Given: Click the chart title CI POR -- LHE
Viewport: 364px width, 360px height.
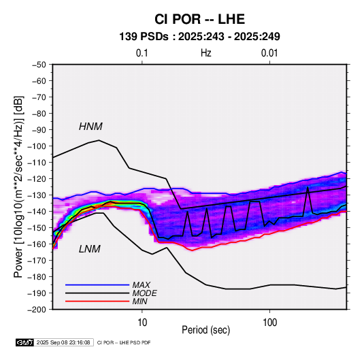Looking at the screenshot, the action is click(x=199, y=19).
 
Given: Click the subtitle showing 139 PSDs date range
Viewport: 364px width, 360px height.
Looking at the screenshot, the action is click(x=199, y=37).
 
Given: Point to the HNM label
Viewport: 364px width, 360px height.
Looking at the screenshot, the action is click(x=90, y=127).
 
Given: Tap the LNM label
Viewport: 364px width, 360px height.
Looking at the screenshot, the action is click(x=90, y=249).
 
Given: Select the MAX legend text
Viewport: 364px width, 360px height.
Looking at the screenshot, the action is click(x=141, y=285).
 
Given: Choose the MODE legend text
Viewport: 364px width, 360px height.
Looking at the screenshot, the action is click(x=145, y=293).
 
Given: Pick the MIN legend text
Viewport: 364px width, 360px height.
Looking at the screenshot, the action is click(x=139, y=301).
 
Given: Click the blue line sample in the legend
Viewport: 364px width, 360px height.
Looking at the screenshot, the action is click(x=97, y=285).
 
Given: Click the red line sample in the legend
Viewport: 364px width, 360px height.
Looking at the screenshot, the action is click(x=97, y=301).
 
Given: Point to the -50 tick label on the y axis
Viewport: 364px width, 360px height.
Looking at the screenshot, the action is click(x=39, y=65).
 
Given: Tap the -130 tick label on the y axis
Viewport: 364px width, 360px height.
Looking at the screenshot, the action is click(x=37, y=195).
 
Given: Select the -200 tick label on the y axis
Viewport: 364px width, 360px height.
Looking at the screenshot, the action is click(x=37, y=310).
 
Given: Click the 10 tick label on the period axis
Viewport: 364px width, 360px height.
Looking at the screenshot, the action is click(x=142, y=323).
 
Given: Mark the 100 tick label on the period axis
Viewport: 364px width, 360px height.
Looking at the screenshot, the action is click(x=269, y=323).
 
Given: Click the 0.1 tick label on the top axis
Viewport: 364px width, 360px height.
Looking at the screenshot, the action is click(x=142, y=53).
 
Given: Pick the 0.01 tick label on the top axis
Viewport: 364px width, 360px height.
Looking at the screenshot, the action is click(x=269, y=53).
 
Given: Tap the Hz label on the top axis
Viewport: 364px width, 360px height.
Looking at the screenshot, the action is click(x=206, y=53).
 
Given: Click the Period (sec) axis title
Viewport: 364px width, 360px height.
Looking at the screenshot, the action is click(x=206, y=330).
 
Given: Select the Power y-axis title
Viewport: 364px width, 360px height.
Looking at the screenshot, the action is click(x=18, y=187).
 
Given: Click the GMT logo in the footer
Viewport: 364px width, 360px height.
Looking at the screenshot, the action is click(x=25, y=342).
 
